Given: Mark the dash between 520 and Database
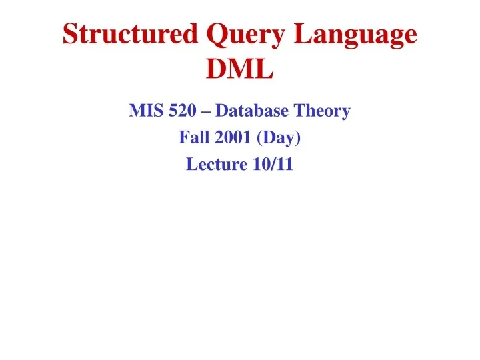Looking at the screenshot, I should click(205, 111).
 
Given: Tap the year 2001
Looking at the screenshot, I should click(231, 138).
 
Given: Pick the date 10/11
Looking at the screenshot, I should click(273, 165).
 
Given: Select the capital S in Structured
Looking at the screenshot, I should click(70, 35).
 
